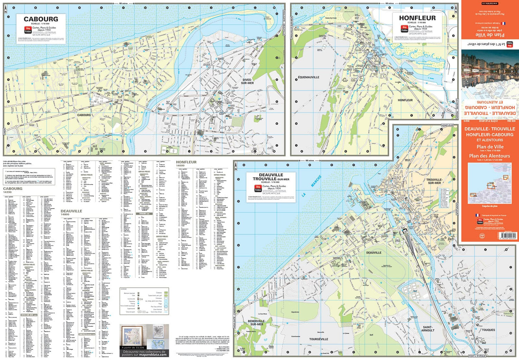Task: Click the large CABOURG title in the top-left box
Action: point(41,19)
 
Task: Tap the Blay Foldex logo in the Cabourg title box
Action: point(28,30)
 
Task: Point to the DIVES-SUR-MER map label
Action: point(247,81)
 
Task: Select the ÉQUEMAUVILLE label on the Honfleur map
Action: point(309,77)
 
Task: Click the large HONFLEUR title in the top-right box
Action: point(417,18)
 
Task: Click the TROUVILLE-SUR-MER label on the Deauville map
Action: point(434,181)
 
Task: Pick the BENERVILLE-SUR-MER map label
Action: point(257,323)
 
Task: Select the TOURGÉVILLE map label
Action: point(318,339)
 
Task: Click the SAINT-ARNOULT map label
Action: point(428,328)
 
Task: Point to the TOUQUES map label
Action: point(488,330)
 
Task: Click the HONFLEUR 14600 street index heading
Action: point(186,163)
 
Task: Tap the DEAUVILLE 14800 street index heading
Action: point(71,212)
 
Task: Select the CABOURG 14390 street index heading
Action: point(13,190)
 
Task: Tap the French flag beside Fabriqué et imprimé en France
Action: point(478,215)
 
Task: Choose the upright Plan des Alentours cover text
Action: point(489,156)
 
